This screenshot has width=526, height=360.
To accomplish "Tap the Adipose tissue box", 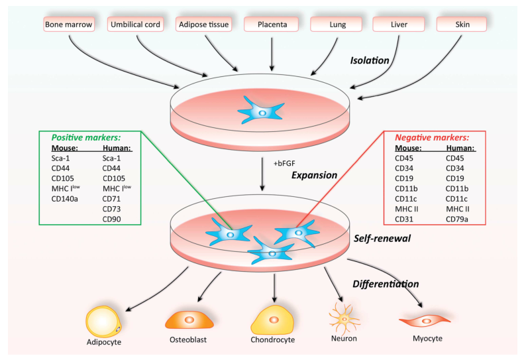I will click(202, 25).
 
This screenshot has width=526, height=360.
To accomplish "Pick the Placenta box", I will click(272, 25).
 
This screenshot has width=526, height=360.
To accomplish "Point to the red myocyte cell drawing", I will click(422, 321).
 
